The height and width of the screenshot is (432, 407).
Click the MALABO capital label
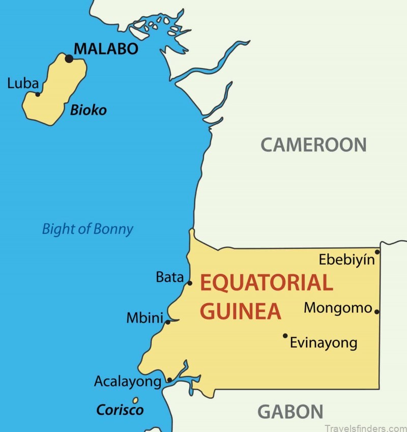[106, 49]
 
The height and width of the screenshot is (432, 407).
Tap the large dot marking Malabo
[69, 59]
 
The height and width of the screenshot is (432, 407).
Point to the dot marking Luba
[38, 94]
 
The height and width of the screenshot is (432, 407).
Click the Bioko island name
[88, 109]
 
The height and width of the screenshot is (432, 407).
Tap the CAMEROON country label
[313, 145]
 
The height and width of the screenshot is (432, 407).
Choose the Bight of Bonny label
[87, 229]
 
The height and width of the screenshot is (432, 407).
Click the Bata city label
[169, 277]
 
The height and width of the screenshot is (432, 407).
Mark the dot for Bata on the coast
[190, 283]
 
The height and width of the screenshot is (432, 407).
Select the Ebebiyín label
[346, 260]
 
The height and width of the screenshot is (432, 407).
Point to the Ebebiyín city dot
[377, 252]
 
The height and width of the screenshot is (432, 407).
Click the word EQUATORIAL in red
[266, 283]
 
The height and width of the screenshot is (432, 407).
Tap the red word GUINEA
[240, 311]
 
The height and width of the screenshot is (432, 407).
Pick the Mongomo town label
[338, 308]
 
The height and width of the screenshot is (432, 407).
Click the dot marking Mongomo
[376, 311]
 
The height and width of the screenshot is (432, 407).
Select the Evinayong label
[324, 343]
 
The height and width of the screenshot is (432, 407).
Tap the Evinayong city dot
[285, 335]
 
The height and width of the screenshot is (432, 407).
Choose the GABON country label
[290, 411]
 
